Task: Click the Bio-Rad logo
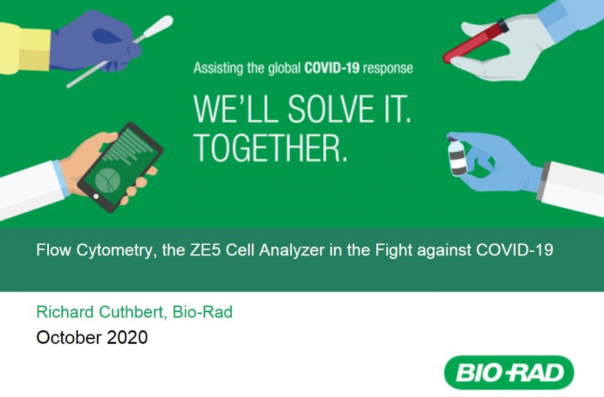click(x=509, y=372)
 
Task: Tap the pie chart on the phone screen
click(x=107, y=180)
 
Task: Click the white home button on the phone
click(x=96, y=196)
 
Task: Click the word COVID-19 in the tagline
click(x=331, y=68)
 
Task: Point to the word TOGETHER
click(x=270, y=148)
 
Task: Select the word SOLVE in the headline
click(x=331, y=109)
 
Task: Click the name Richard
click(x=65, y=312)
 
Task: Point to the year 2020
click(x=127, y=337)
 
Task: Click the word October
click(x=69, y=337)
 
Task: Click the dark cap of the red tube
click(x=503, y=26)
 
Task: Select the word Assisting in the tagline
click(x=218, y=68)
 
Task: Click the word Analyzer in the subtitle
click(x=292, y=251)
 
